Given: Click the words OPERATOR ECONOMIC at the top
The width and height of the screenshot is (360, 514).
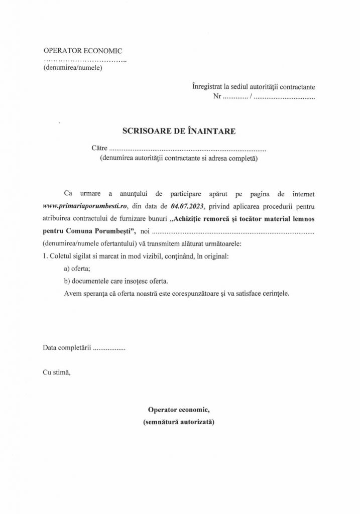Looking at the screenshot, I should coord(83,51).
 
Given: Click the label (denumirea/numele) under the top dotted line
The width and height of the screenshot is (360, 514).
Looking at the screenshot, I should coord(73,68).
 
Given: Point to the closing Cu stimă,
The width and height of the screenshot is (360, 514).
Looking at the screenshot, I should coord(57,373).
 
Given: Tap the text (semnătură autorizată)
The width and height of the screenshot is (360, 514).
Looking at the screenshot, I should coord(179,423).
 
